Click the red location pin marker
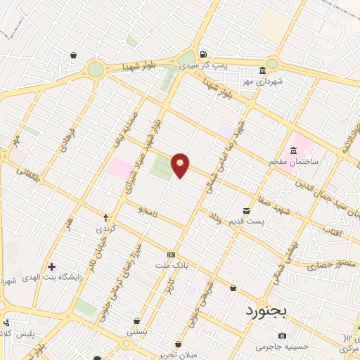[181, 165]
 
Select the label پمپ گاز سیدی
[203, 65]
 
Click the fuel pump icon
[203, 54]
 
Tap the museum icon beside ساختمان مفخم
[293, 150]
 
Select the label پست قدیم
[245, 221]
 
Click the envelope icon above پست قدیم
[246, 210]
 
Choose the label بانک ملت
[170, 264]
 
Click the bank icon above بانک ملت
[170, 254]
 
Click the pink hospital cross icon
[51, 266]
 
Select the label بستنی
[136, 330]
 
